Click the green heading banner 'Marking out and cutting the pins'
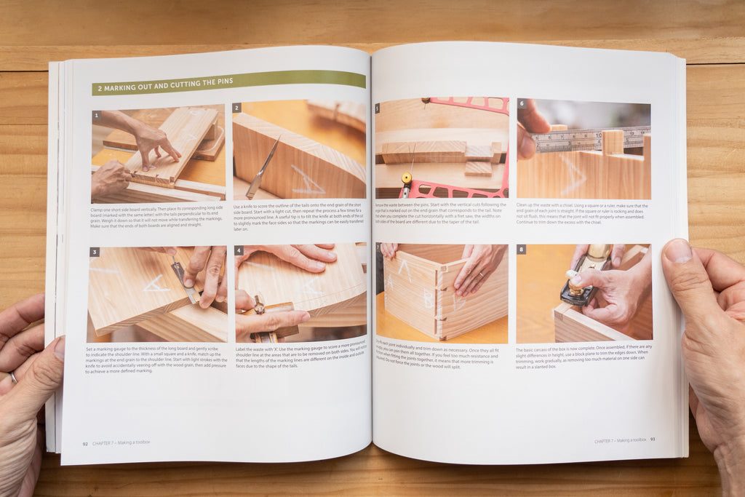tap(228, 82)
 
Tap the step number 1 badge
tap(96, 115)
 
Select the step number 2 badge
tap(236, 108)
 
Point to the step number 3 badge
tap(94, 253)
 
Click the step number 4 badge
tap(239, 250)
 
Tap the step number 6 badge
tap(521, 103)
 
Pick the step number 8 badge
tap(521, 249)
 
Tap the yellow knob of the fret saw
tap(406, 178)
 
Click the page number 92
tap(85, 442)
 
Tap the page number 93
tap(653, 440)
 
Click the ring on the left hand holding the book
tap(14, 377)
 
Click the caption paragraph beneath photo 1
tap(157, 217)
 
